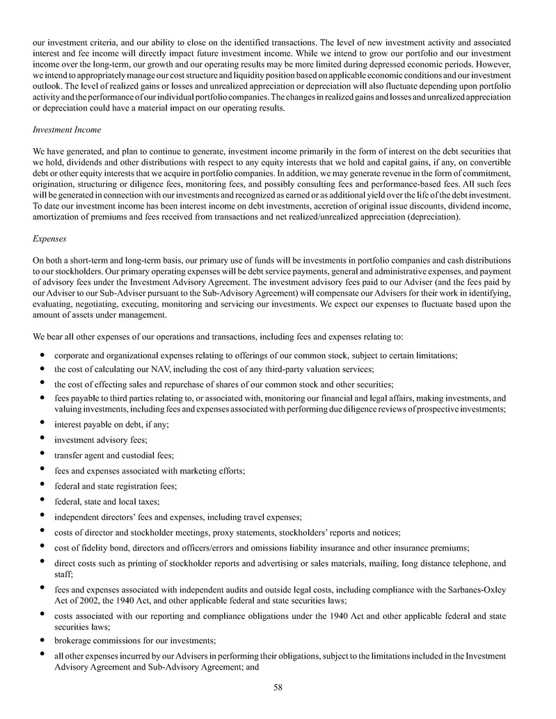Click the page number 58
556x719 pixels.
click(x=278, y=688)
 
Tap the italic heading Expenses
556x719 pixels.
click(x=49, y=239)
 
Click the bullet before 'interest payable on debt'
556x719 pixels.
click(x=43, y=423)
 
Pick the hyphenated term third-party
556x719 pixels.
click(x=280, y=369)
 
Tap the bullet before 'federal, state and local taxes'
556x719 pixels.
click(x=43, y=501)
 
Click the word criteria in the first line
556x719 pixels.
click(x=99, y=42)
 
